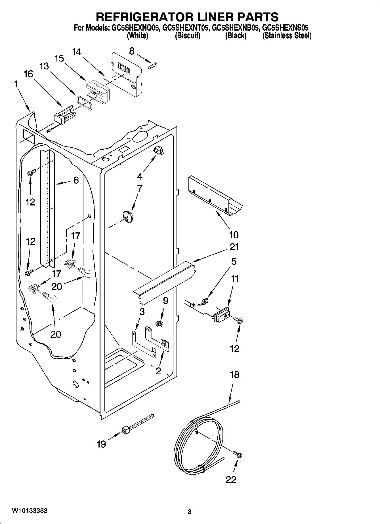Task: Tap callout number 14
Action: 76,52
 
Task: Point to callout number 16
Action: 28,74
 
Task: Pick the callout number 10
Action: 234,235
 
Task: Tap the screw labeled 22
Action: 238,455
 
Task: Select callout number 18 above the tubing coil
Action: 234,375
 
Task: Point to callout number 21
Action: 234,247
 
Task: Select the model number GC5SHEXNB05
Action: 235,28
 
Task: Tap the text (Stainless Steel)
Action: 287,36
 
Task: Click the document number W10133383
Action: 30,511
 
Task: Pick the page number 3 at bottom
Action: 190,512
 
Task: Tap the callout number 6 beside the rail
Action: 76,180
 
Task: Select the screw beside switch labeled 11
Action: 239,321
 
